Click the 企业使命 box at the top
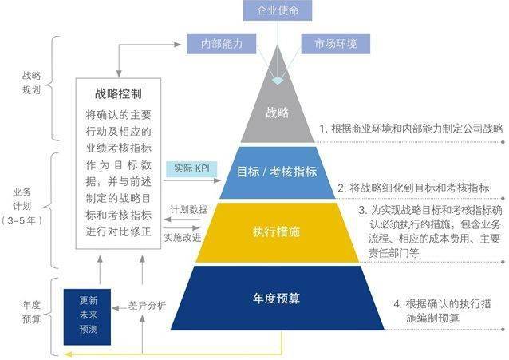tap(278, 10)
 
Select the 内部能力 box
tap(222, 44)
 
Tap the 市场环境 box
tap(336, 44)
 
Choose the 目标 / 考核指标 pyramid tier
tap(277, 172)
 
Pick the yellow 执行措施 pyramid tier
tap(277, 232)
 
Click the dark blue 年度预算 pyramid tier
tap(277, 299)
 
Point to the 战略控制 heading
tap(118, 94)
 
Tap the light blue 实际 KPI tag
tap(191, 168)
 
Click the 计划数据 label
tap(189, 210)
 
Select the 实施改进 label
tap(183, 238)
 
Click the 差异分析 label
tap(147, 306)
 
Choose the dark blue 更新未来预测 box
tap(87, 317)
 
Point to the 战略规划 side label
tap(31, 83)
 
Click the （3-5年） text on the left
tap(22, 220)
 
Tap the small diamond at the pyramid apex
tap(278, 81)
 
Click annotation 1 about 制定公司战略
tap(412, 129)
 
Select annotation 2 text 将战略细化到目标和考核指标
tap(413, 188)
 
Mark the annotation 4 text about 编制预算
tap(442, 311)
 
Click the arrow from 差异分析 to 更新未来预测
tap(120, 307)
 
